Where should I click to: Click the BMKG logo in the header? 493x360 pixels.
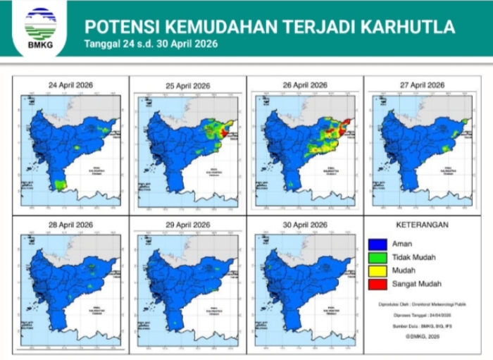point(40,27)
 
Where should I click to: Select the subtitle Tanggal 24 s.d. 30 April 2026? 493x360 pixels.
point(151,44)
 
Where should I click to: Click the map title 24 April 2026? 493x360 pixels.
point(70,85)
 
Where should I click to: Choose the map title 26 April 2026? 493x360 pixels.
point(304,85)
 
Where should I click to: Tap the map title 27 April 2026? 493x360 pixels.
point(422,85)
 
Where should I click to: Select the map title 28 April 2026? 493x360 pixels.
point(70,225)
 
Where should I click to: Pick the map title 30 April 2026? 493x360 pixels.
point(304,225)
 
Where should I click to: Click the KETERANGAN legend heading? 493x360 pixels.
point(423,225)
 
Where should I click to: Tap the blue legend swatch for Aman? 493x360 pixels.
point(375,244)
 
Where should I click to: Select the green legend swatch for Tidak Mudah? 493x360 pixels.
point(375,258)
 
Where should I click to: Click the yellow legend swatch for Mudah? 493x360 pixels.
point(375,271)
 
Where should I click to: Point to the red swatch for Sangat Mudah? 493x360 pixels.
point(375,284)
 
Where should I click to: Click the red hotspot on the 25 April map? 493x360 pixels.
point(224,132)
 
